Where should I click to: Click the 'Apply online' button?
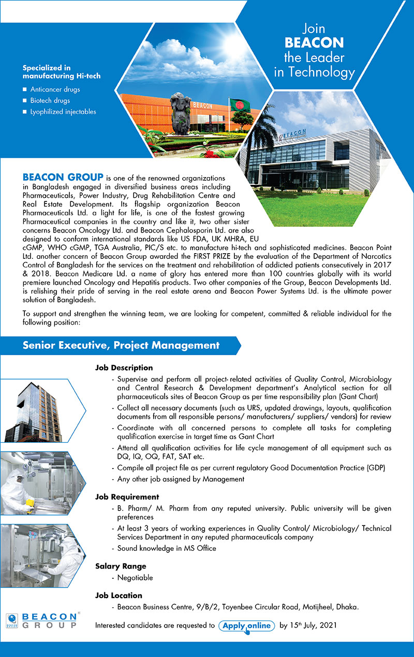click(246, 625)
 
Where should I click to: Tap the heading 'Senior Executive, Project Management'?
click(121, 345)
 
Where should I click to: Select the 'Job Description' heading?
click(124, 368)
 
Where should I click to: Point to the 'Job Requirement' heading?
click(127, 497)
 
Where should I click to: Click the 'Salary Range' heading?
click(121, 566)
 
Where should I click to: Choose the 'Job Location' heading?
click(119, 595)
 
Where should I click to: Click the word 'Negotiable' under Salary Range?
click(135, 577)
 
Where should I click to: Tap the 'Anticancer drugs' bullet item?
click(55, 89)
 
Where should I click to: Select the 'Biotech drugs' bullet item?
click(51, 100)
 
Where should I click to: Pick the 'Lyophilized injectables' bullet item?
click(63, 111)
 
